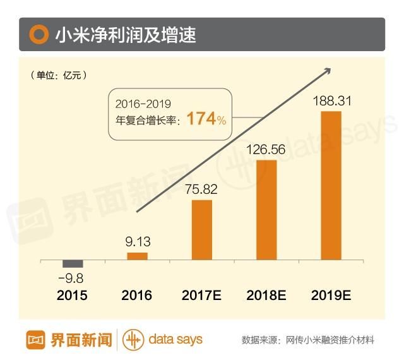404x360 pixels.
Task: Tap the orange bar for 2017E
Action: pyautogui.click(x=202, y=229)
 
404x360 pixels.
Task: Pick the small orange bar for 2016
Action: pyautogui.click(x=137, y=256)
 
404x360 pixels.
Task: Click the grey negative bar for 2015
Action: pyautogui.click(x=73, y=263)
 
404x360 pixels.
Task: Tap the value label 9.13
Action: pyautogui.click(x=137, y=241)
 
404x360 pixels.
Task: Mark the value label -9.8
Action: pyautogui.click(x=71, y=278)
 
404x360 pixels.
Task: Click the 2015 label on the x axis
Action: pyautogui.click(x=72, y=296)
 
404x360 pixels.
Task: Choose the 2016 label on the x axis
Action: pyautogui.click(x=137, y=296)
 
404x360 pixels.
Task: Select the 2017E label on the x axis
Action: pyautogui.click(x=202, y=296)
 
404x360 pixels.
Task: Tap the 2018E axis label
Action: pyautogui.click(x=267, y=296)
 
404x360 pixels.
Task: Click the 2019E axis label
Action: pyautogui.click(x=331, y=296)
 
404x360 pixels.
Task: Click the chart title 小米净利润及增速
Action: pyautogui.click(x=125, y=35)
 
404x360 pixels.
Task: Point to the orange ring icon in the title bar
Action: pyautogui.click(x=39, y=35)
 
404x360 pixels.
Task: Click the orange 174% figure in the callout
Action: pyautogui.click(x=206, y=119)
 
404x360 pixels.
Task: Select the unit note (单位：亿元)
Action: pyautogui.click(x=58, y=75)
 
